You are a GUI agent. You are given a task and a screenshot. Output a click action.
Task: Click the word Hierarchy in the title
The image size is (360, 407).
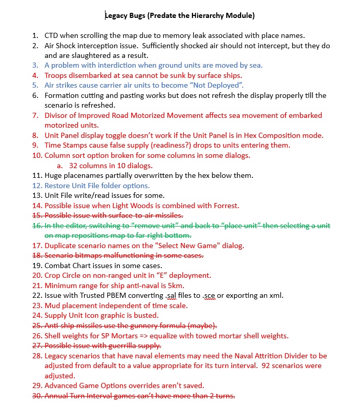pos(202,15)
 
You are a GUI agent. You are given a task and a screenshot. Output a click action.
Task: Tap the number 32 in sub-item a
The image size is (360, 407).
pos(73,166)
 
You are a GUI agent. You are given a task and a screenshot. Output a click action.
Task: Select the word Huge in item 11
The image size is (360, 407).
pos(53,175)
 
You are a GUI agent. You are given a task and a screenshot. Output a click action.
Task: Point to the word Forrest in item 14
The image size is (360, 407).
pos(225,206)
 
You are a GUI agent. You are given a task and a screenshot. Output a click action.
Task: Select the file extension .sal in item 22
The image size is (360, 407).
pos(179,296)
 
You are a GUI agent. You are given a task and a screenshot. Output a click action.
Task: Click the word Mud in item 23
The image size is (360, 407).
pos(52,306)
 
